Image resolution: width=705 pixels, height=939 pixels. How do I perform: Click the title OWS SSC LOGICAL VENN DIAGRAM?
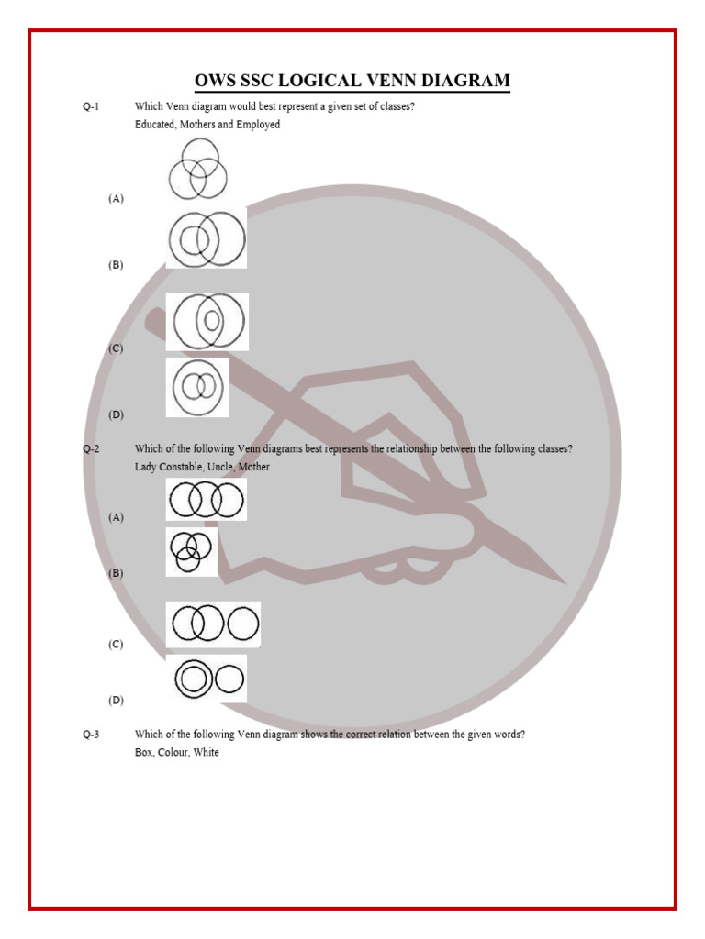click(x=352, y=81)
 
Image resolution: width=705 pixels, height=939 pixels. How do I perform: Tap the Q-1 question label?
click(x=90, y=106)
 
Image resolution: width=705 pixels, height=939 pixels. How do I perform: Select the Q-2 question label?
click(x=90, y=448)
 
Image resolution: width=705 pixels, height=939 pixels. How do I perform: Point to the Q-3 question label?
click(x=90, y=734)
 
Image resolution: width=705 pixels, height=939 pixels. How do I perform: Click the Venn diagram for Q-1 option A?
click(x=196, y=169)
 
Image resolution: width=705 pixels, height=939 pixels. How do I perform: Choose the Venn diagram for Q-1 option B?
click(x=207, y=239)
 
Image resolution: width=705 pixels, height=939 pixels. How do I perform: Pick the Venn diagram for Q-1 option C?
click(x=207, y=321)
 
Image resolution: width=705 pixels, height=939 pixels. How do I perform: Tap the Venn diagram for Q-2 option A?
click(x=207, y=500)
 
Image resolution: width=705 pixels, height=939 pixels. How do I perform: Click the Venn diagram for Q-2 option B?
click(x=191, y=551)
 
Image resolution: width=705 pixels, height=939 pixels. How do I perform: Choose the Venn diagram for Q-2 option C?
click(x=213, y=624)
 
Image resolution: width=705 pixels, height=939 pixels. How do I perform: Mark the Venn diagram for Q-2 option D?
click(x=210, y=679)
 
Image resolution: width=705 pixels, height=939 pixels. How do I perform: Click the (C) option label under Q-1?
click(x=116, y=348)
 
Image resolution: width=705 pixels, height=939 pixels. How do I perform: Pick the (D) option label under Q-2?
click(x=116, y=700)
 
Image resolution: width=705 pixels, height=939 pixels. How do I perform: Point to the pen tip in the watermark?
click(x=562, y=580)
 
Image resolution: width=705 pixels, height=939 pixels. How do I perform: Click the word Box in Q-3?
click(x=144, y=752)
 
